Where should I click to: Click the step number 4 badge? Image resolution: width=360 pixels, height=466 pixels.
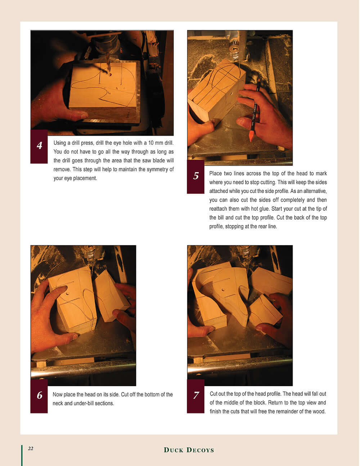(x=39, y=146)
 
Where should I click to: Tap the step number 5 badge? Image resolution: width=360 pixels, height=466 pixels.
(x=196, y=176)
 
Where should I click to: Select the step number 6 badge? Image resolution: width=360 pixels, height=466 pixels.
(x=39, y=396)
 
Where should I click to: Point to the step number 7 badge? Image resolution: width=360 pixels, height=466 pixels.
(x=196, y=396)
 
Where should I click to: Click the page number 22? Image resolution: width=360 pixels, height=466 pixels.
(x=31, y=448)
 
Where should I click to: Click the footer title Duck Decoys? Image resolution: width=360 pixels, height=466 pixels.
(x=189, y=450)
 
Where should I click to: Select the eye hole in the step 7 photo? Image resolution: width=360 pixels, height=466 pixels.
(x=224, y=290)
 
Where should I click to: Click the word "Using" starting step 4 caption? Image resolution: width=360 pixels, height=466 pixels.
(x=60, y=143)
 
